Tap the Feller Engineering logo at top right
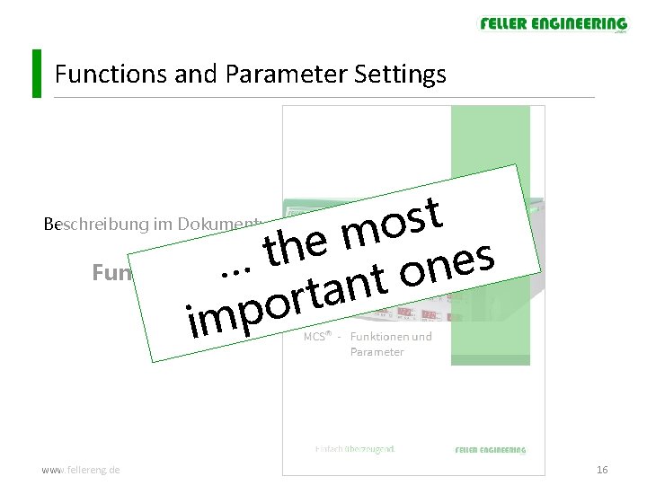point(553,24)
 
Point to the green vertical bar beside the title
point(36,73)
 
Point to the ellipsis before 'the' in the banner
point(235,266)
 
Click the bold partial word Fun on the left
point(112,272)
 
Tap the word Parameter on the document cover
point(377,352)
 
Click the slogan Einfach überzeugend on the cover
point(356,448)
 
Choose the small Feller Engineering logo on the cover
point(491,449)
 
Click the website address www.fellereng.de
point(82,470)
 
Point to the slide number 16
point(602,470)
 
